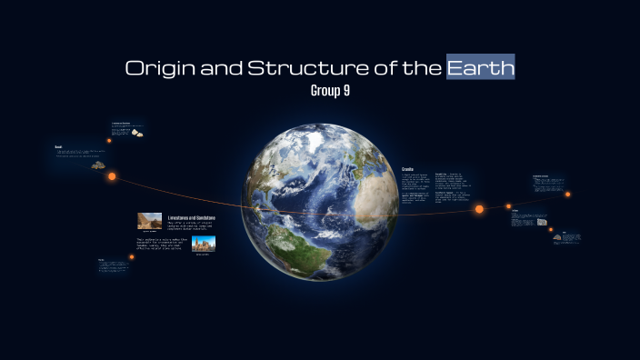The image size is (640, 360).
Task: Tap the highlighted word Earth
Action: (481, 67)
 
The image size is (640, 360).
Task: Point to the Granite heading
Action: (408, 168)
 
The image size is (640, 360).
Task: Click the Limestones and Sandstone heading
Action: (191, 217)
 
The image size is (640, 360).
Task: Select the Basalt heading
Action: (57, 145)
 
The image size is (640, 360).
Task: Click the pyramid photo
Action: (150, 221)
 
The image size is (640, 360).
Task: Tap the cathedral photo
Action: (204, 244)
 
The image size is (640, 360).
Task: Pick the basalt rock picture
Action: (96, 165)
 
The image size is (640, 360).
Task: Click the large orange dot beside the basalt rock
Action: (113, 176)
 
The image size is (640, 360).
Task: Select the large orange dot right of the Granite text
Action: (479, 209)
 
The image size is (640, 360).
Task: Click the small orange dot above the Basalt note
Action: (109, 140)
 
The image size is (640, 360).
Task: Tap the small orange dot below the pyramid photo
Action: (132, 256)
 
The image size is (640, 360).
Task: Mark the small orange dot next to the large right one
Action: (509, 206)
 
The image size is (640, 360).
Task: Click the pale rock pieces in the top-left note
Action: (137, 133)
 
